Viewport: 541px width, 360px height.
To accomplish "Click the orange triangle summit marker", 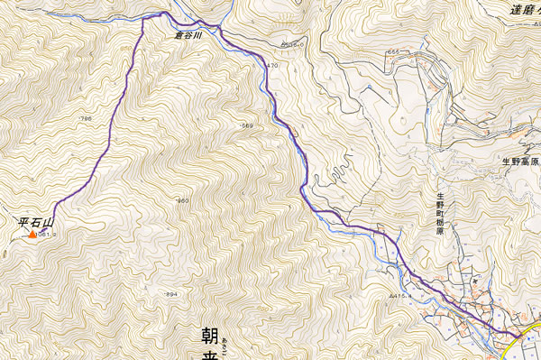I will [x=32, y=235].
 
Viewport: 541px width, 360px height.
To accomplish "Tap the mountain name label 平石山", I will [x=37, y=221].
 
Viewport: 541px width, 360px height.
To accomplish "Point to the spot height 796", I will [x=87, y=119].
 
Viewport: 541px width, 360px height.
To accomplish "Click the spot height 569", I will [x=247, y=126].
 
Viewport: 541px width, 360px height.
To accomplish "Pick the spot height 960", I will [x=183, y=200].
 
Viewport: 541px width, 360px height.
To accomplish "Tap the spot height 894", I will [x=171, y=295].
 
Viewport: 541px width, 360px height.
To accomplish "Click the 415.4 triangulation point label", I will [x=400, y=294].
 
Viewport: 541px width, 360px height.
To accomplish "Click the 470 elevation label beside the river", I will [x=273, y=66].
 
